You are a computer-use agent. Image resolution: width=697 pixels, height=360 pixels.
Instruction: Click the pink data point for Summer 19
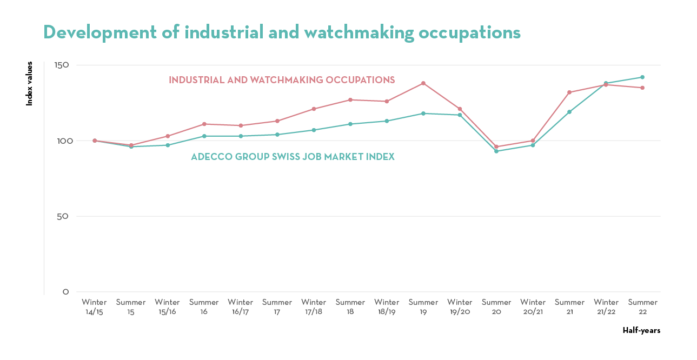[423, 83]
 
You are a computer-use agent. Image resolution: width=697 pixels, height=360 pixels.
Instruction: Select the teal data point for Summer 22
[642, 77]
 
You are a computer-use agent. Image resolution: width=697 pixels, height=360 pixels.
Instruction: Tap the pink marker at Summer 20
[496, 147]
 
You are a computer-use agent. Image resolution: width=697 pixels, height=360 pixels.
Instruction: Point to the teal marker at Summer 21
[569, 112]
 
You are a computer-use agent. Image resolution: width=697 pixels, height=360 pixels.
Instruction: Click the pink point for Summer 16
[204, 124]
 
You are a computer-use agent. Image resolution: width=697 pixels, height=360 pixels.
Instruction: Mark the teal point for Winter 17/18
[314, 130]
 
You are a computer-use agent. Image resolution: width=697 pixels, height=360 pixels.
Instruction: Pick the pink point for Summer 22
[642, 88]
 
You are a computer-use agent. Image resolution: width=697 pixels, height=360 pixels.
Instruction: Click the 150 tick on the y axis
[62, 65]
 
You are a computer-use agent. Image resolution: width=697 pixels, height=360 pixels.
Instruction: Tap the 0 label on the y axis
[66, 292]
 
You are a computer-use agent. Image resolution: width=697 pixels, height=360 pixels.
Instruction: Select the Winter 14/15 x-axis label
[94, 307]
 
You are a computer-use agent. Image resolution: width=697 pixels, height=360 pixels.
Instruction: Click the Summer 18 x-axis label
[350, 307]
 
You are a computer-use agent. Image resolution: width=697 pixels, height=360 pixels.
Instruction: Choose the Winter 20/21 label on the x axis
[533, 307]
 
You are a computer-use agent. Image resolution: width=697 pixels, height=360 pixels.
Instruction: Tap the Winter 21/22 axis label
[606, 307]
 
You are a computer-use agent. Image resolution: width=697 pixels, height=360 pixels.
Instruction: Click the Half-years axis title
[641, 330]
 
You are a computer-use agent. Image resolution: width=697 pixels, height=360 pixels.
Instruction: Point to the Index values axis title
[30, 83]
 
